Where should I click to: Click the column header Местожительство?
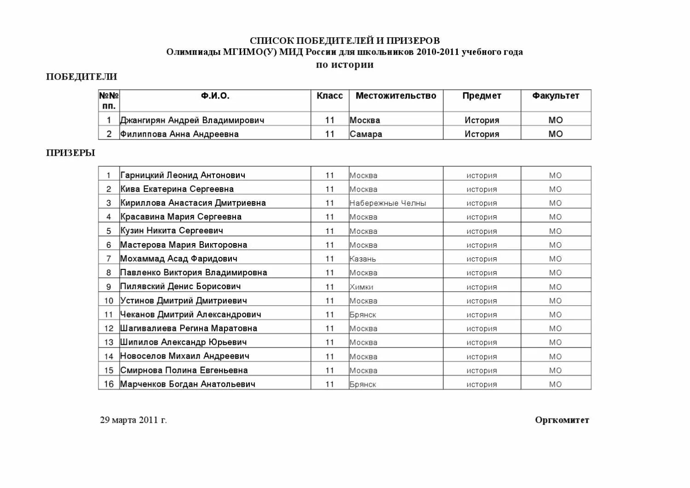[x=396, y=96]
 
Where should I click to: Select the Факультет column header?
[x=556, y=96]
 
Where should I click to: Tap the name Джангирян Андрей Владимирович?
[x=192, y=120]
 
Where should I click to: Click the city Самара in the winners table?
[x=366, y=134]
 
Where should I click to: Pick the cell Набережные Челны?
[x=388, y=203]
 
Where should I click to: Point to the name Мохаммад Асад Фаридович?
[x=179, y=259]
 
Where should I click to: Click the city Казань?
[x=362, y=259]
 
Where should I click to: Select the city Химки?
[x=361, y=287]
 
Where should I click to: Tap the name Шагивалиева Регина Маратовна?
[x=189, y=328]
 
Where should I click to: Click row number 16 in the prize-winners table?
[x=109, y=384]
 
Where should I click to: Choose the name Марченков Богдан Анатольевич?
[x=188, y=384]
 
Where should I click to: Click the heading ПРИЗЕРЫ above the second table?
[x=70, y=153]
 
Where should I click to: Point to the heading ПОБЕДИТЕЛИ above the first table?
[x=81, y=77]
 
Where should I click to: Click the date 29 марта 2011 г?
[x=133, y=420]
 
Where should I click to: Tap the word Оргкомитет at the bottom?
[x=562, y=420]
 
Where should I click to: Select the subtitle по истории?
[x=345, y=65]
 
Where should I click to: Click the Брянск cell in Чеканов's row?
[x=362, y=314]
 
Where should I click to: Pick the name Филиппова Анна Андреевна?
[x=179, y=134]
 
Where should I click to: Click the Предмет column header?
[x=482, y=96]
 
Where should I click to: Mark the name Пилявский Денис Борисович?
[x=180, y=286]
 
